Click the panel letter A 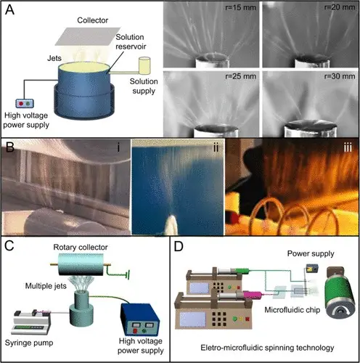9,10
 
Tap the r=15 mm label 240,7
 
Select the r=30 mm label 340,76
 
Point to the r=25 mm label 240,76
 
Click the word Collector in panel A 93,20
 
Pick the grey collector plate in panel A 88,36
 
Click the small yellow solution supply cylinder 144,65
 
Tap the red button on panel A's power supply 21,104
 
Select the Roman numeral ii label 216,147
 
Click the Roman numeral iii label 348,147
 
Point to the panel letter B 10,147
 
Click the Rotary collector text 81,248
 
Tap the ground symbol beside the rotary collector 128,274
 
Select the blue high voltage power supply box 140,319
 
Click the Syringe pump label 29,343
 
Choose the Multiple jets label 46,286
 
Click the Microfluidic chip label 292,310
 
